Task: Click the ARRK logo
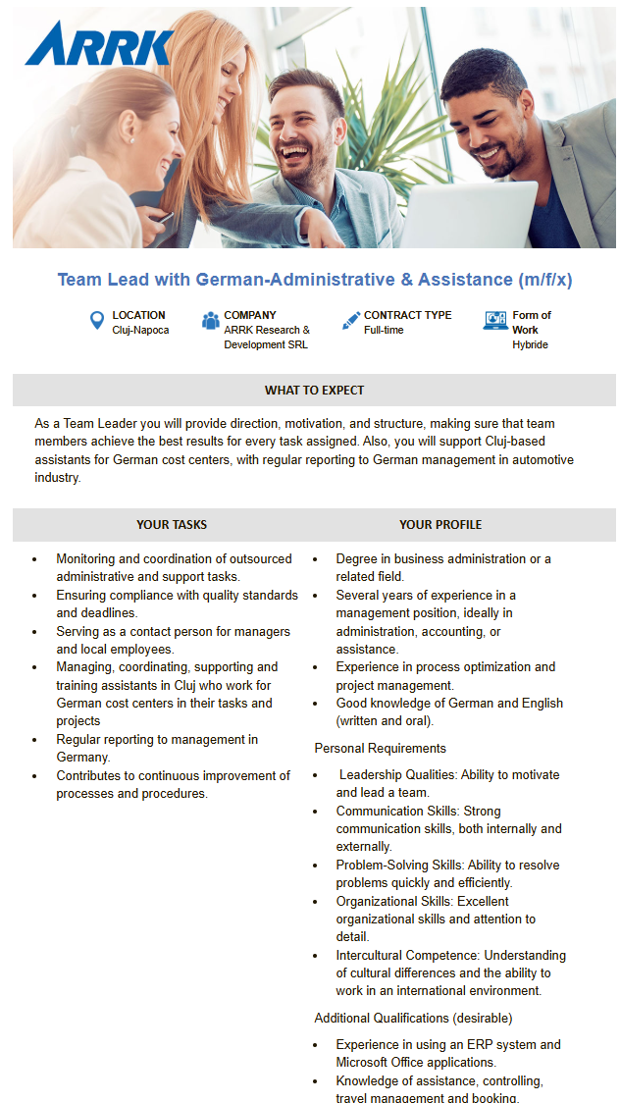pyautogui.click(x=99, y=43)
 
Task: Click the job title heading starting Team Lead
pyautogui.click(x=314, y=280)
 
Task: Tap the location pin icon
pyautogui.click(x=96, y=321)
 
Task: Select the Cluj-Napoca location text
pyautogui.click(x=140, y=331)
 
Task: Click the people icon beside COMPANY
pyautogui.click(x=210, y=321)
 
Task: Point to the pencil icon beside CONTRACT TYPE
pyautogui.click(x=350, y=321)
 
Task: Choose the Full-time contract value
pyautogui.click(x=384, y=331)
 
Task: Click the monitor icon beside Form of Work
pyautogui.click(x=495, y=321)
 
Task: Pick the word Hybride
pyautogui.click(x=530, y=345)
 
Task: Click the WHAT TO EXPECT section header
pyautogui.click(x=314, y=391)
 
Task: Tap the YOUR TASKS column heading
pyautogui.click(x=172, y=525)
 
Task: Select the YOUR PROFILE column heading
pyautogui.click(x=440, y=525)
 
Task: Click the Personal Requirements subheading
pyautogui.click(x=380, y=749)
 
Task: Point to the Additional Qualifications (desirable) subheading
pyautogui.click(x=413, y=1019)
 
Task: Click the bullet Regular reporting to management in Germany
pyautogui.click(x=157, y=749)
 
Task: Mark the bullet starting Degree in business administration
pyautogui.click(x=442, y=567)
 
